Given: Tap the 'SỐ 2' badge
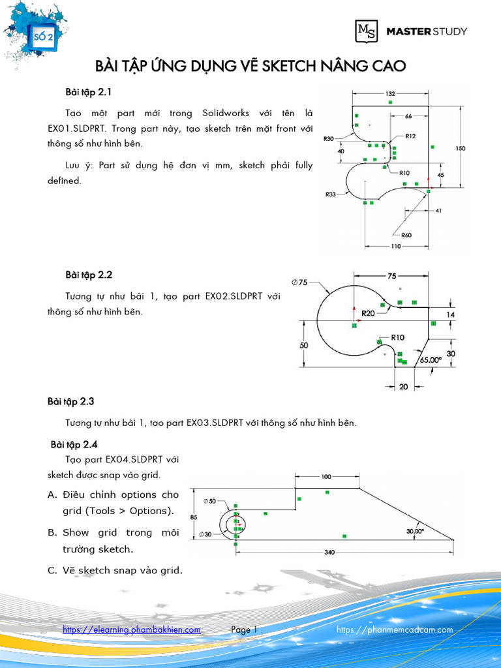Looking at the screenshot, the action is (x=44, y=37).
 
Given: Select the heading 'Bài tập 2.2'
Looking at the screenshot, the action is (x=84, y=275).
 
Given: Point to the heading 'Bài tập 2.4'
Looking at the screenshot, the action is (x=74, y=445).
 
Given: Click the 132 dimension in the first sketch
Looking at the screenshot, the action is (x=390, y=93).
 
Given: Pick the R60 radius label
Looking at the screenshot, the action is (x=406, y=235).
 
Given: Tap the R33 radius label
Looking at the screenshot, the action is (x=330, y=194).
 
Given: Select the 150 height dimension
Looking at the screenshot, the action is (x=461, y=149).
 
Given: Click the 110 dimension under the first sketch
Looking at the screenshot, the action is (x=395, y=247).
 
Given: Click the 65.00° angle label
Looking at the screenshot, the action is (x=431, y=359).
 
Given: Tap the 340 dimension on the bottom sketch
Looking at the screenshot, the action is (x=330, y=553).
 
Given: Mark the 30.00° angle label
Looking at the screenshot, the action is (x=415, y=531).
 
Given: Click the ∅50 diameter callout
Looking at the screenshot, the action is (x=210, y=501).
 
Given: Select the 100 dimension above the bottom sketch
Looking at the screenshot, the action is (x=327, y=477).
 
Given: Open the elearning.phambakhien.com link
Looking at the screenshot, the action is (x=131, y=630).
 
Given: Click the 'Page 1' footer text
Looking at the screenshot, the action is (x=245, y=630).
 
